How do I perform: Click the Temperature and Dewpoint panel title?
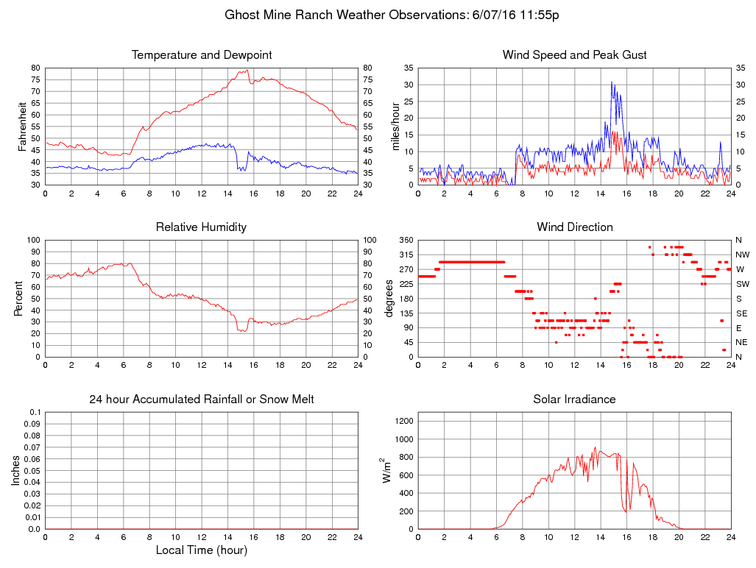click(x=201, y=55)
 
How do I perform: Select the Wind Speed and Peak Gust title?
click(x=574, y=55)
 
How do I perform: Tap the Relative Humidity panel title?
click(x=201, y=227)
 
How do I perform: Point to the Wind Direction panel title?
click(x=574, y=227)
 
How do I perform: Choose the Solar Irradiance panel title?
click(x=574, y=400)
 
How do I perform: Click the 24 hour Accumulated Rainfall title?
click(x=201, y=400)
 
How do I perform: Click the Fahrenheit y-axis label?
click(x=22, y=126)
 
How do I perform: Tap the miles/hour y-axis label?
click(x=395, y=126)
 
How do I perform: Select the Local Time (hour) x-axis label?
click(x=201, y=550)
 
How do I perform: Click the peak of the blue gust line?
click(x=611, y=82)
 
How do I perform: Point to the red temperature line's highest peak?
click(x=247, y=70)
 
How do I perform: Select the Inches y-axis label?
click(x=16, y=470)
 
